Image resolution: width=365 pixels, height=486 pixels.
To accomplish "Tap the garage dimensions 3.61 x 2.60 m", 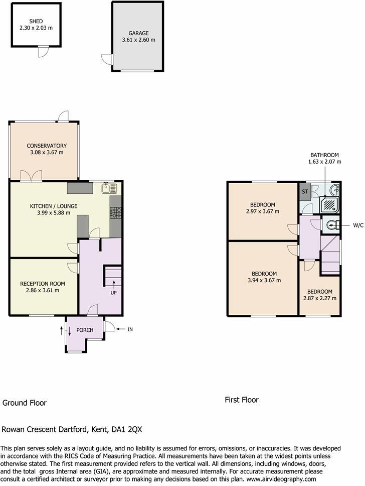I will [x=138, y=40].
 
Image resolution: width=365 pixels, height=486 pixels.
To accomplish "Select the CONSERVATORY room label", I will [x=47, y=146].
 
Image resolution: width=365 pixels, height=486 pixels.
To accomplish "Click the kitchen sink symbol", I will [x=109, y=188].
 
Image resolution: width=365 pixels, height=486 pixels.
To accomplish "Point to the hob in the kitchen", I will [x=115, y=213].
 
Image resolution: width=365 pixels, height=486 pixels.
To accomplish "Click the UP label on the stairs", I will [x=114, y=292].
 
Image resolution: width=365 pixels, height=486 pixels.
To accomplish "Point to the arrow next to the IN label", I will [x=121, y=329].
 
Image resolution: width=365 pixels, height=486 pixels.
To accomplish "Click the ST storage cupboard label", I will [x=305, y=192].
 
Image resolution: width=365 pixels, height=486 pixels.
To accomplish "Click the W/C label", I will [x=358, y=225].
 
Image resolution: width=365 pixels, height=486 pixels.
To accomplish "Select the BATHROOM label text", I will [x=324, y=155].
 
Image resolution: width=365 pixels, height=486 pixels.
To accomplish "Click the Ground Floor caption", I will [x=25, y=403].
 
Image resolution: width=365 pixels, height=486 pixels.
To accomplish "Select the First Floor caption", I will [x=241, y=400].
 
